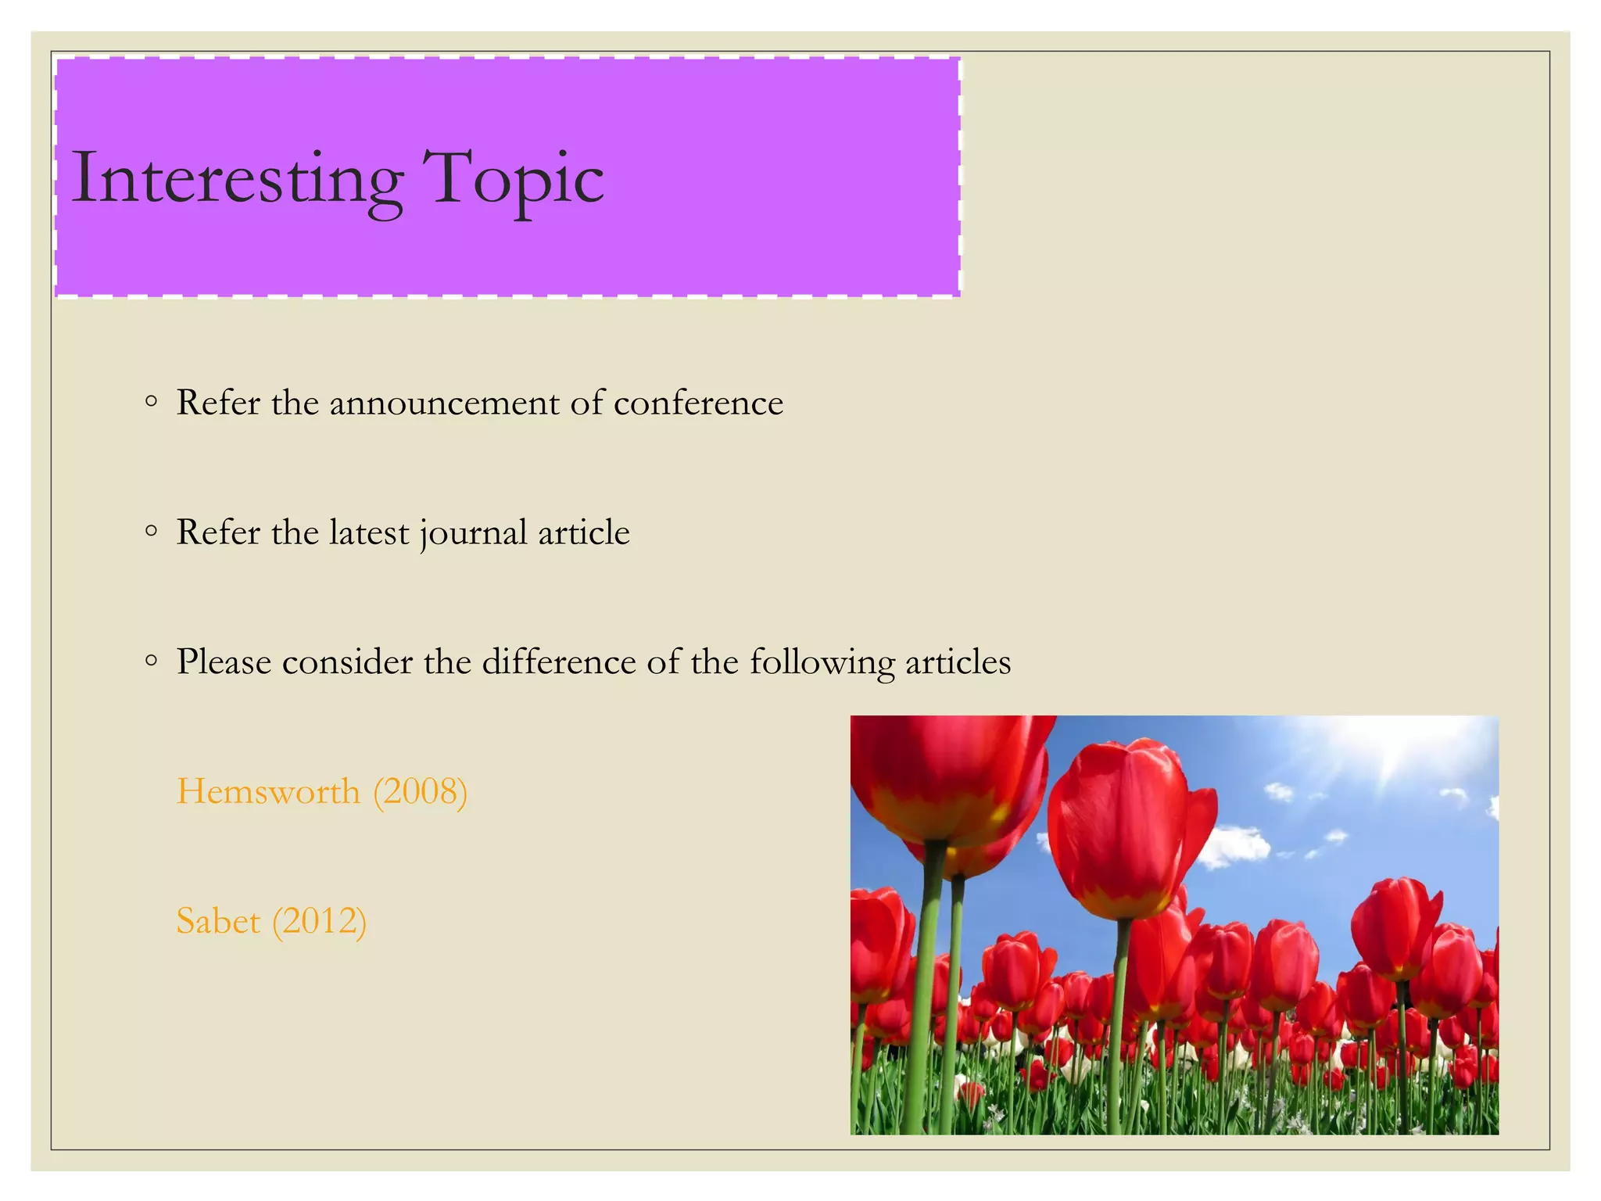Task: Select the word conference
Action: (698, 403)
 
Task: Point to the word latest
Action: (369, 533)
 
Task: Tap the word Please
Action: (224, 662)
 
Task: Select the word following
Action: (822, 662)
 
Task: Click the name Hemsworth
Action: (268, 791)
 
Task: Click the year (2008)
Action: (421, 791)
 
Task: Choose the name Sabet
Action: (218, 921)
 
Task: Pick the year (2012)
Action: (319, 921)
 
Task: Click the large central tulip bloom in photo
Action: (1126, 829)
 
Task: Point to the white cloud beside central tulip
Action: (1235, 848)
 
